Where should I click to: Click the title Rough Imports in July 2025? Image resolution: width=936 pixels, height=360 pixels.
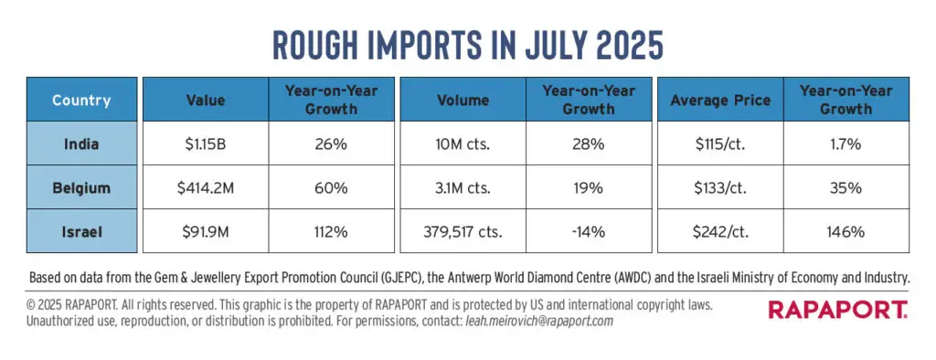click(467, 46)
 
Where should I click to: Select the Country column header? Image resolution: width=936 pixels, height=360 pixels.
click(81, 100)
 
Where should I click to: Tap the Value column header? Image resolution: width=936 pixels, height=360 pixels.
click(206, 100)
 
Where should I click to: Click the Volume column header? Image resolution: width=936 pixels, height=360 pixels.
click(463, 100)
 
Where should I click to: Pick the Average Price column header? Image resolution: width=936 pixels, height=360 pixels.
click(720, 100)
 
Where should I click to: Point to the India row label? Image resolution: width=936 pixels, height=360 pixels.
click(81, 143)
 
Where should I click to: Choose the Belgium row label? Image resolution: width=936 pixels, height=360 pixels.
click(81, 187)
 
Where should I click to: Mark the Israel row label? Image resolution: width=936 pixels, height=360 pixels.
click(81, 231)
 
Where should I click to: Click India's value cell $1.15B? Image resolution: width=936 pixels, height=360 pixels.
click(206, 143)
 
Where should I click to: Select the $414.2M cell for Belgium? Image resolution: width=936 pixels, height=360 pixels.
click(206, 187)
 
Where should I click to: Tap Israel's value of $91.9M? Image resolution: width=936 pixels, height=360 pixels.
click(206, 231)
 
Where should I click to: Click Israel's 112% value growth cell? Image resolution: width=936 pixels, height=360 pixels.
click(331, 231)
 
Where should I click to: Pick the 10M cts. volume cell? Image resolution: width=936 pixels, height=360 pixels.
click(463, 143)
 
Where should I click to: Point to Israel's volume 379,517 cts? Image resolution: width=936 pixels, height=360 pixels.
click(463, 231)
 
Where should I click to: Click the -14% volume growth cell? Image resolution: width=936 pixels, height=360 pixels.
click(589, 231)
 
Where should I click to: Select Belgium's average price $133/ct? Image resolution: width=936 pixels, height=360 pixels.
click(720, 187)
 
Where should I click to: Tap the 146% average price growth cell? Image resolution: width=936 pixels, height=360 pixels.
click(846, 231)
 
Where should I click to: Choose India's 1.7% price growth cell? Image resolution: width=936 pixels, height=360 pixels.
click(846, 143)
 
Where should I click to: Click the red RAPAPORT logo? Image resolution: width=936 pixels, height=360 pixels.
click(838, 310)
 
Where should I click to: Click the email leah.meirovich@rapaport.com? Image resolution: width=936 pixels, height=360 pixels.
click(538, 322)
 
